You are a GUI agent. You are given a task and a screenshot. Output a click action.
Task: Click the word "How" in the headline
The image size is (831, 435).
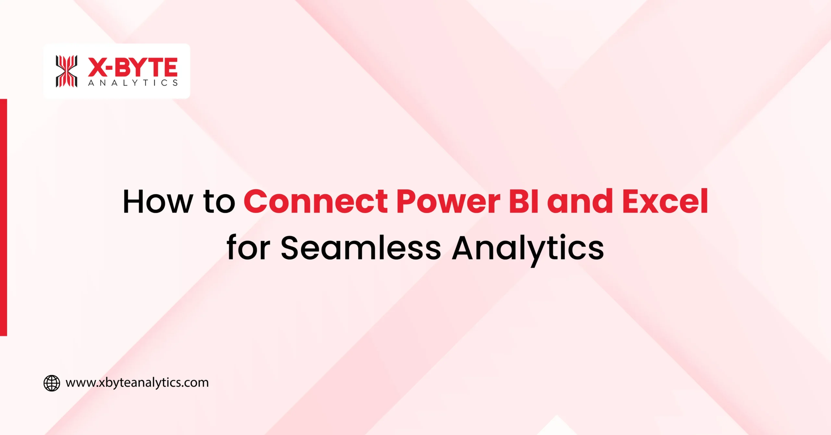click(x=158, y=202)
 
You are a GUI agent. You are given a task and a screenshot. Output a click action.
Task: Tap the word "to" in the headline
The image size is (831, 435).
click(x=219, y=202)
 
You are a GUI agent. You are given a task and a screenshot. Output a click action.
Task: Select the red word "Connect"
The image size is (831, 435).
click(x=316, y=202)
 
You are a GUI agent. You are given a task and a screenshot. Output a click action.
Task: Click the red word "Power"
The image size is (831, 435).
click(x=448, y=202)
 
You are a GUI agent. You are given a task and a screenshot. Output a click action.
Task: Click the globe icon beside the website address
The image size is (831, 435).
click(x=52, y=383)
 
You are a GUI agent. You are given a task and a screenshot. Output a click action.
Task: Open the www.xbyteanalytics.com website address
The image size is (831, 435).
click(x=137, y=383)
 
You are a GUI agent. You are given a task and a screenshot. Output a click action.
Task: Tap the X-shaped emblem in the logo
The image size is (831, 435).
click(x=67, y=71)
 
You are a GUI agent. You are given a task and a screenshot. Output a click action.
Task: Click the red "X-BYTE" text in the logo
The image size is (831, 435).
click(x=133, y=67)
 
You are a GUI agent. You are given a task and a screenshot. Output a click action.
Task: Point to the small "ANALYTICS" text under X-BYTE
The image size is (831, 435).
click(x=133, y=83)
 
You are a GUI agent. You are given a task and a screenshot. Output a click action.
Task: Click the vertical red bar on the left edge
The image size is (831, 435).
click(x=3, y=217)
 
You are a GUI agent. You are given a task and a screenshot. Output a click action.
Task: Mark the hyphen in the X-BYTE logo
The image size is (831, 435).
click(x=109, y=68)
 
